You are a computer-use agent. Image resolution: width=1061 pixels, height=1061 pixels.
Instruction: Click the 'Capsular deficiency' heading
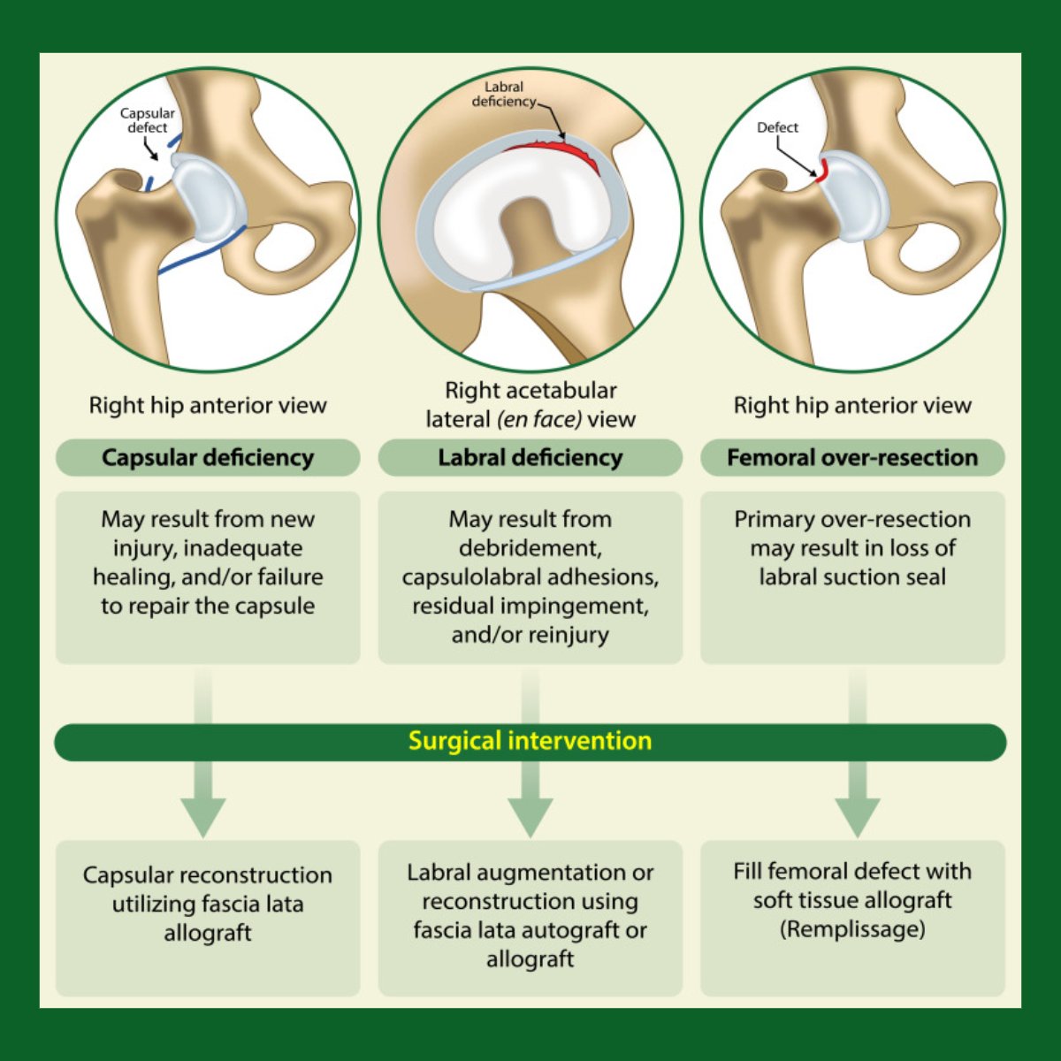(x=208, y=458)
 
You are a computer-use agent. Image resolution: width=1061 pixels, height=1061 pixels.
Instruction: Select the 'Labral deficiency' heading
(x=530, y=458)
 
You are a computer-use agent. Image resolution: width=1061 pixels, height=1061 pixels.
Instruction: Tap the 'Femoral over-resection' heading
(x=852, y=458)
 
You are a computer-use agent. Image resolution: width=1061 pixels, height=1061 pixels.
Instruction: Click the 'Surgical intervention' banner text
(x=530, y=741)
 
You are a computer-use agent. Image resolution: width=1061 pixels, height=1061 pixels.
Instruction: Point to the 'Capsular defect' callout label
(x=148, y=120)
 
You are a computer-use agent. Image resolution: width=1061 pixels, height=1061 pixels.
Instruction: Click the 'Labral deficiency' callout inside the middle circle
(x=504, y=95)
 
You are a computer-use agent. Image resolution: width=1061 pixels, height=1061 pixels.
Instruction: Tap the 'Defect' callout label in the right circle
(x=777, y=127)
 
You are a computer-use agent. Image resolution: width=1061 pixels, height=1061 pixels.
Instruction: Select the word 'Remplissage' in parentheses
(x=852, y=929)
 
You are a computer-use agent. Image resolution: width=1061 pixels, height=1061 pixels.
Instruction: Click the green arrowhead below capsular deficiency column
(x=203, y=815)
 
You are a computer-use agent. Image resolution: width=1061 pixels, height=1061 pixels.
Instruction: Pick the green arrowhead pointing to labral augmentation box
(x=530, y=815)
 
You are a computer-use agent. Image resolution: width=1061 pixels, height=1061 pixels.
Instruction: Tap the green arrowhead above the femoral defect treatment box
(x=857, y=815)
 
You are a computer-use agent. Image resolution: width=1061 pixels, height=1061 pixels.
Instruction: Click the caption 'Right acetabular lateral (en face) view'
(x=530, y=404)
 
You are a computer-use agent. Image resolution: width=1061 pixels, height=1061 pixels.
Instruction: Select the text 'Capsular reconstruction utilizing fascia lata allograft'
(x=208, y=904)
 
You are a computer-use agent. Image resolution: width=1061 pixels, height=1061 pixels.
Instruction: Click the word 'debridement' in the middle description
(x=530, y=548)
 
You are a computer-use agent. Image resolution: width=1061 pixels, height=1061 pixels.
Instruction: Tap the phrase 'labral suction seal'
(x=852, y=577)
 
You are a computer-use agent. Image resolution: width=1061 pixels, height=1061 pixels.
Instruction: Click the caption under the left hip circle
(x=208, y=406)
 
